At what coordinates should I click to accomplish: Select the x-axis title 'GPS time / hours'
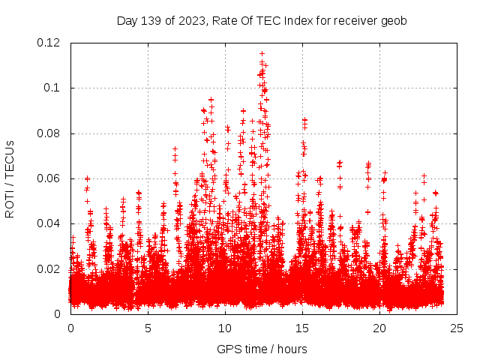pos(262,349)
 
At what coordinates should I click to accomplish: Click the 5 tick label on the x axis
pos(148,328)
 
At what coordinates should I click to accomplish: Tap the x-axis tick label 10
pos(225,328)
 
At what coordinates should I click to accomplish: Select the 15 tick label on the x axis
pos(302,328)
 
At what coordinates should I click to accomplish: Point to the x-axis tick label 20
pos(379,328)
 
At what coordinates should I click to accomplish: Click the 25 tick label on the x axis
pos(457,328)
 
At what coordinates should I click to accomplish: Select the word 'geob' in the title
pos(393,20)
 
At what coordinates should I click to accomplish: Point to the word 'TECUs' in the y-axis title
pos(10,157)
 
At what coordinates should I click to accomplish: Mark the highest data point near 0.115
pos(261,54)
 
